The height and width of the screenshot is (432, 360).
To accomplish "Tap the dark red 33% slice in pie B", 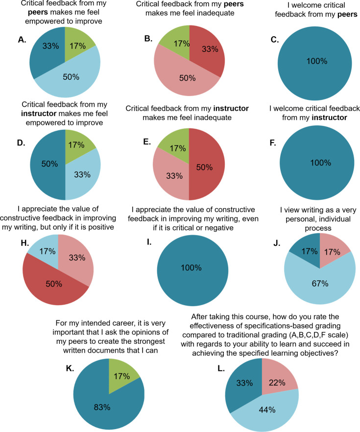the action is point(209,49).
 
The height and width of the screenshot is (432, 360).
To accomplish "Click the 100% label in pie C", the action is point(317,61).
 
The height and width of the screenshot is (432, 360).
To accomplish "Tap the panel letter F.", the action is point(273,143).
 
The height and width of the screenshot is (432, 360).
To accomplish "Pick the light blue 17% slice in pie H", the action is point(47,248).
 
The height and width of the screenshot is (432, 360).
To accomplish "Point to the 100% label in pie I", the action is point(191,267).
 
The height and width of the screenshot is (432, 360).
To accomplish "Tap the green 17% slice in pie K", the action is point(121,373).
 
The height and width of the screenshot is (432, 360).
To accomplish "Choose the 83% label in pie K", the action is point(102,407).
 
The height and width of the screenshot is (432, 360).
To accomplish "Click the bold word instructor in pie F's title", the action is point(330,118).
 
